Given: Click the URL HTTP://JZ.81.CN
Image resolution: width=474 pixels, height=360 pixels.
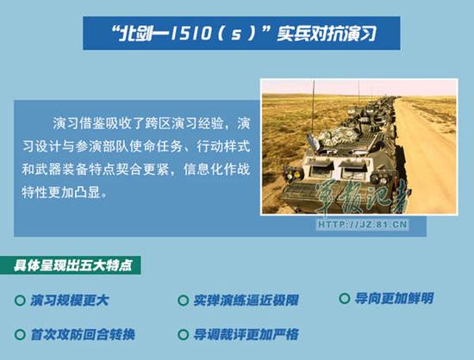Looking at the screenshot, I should tap(363, 225).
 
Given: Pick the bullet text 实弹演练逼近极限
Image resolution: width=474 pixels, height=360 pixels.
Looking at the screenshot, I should tap(246, 301).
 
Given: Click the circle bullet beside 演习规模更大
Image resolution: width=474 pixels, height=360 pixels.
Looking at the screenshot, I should tap(20, 301).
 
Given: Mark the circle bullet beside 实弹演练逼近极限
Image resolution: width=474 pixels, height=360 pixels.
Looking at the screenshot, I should tap(183, 301).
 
